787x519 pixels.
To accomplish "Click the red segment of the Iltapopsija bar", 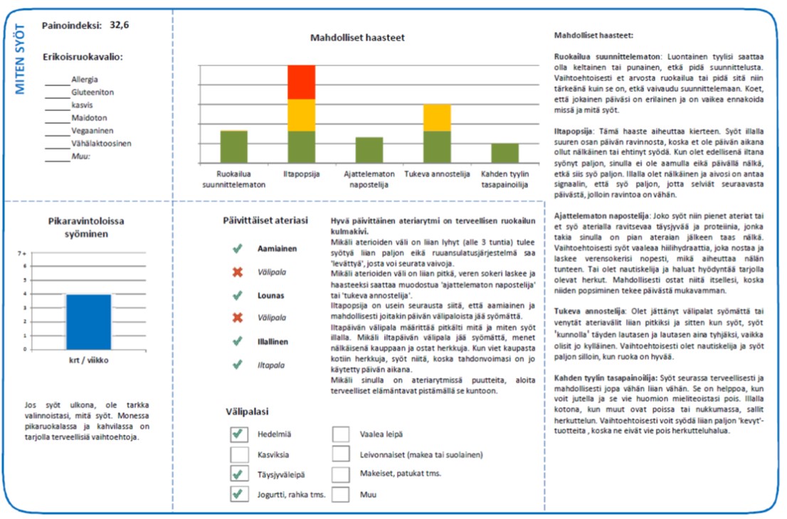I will (301, 82).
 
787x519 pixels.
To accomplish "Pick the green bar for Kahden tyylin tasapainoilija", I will (505, 153).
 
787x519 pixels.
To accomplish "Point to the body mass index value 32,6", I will (120, 25).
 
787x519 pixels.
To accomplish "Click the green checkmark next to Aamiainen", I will (237, 248).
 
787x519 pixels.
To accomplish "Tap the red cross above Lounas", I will (237, 272).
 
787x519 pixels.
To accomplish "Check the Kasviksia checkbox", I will (240, 454).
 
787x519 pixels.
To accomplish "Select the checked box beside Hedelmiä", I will (240, 434).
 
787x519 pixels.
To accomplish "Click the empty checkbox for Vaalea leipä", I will (341, 434).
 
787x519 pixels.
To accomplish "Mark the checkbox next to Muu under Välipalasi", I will (341, 494).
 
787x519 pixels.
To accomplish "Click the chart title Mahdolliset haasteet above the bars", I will (357, 38).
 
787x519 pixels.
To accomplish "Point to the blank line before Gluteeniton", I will (57, 93).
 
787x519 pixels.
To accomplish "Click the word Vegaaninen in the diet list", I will (92, 131).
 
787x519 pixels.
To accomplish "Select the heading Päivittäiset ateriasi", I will (265, 221).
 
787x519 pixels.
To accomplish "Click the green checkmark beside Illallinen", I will (237, 342).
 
